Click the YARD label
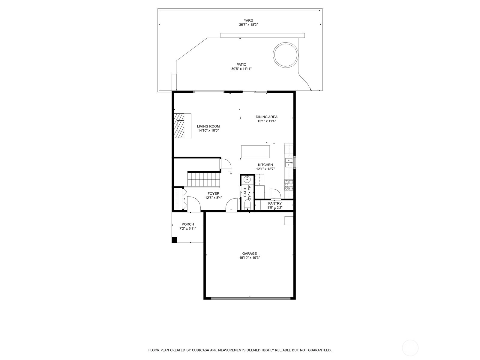point(248,20)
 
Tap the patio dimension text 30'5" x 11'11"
point(241,69)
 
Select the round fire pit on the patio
point(286,55)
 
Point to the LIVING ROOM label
point(208,126)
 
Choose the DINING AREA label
point(267,117)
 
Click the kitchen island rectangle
point(255,152)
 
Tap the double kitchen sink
point(289,163)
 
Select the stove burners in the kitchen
point(288,185)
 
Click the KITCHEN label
point(265,165)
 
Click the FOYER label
point(213,194)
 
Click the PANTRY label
point(275,203)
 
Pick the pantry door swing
point(276,194)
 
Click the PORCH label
point(188,224)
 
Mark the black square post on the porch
point(174,240)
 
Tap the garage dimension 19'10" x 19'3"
point(250,258)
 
